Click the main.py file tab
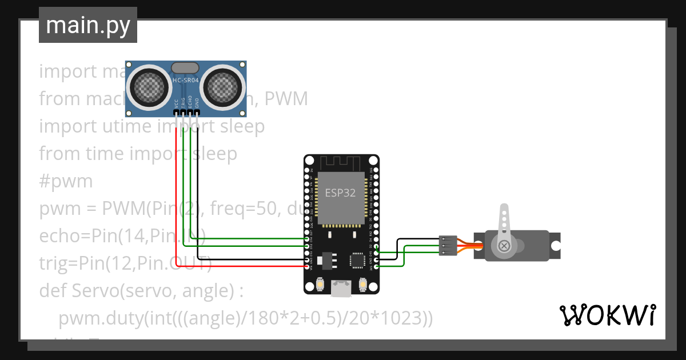(87, 25)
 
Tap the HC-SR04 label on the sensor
(186, 81)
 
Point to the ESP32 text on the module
(340, 193)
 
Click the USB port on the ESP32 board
(341, 289)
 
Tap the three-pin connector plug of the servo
(447, 246)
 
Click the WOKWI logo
(607, 315)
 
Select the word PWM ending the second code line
(285, 99)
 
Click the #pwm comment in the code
(66, 182)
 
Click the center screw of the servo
(504, 246)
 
